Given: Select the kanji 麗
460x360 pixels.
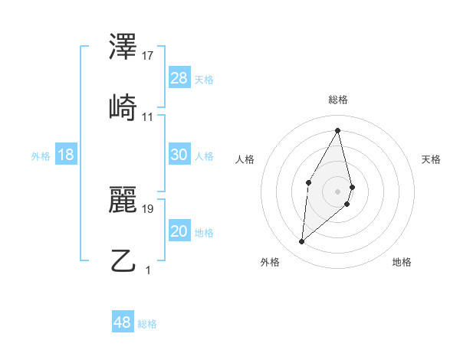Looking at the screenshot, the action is tap(123, 201).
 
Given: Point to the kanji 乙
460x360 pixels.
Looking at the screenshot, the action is tap(123, 260).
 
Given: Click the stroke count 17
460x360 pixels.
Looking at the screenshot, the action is tap(148, 56).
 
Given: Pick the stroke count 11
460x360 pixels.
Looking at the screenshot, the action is tap(148, 117).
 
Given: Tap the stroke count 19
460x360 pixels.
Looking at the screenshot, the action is tap(148, 208).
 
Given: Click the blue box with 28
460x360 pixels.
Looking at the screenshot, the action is tap(179, 78).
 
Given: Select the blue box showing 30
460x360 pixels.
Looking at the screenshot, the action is tap(179, 155).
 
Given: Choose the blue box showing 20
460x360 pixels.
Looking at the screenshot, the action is tap(179, 231).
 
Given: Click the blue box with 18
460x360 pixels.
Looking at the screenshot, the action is tap(66, 155).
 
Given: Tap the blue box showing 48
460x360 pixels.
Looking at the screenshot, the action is tap(123, 322).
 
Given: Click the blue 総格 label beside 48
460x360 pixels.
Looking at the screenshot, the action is tap(147, 324).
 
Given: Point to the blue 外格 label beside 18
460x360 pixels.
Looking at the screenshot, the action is tap(41, 156).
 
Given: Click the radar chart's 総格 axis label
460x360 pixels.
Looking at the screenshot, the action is tap(338, 100).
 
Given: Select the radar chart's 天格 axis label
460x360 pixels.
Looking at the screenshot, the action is tap(431, 159).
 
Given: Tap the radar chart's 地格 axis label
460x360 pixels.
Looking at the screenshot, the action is tap(402, 262).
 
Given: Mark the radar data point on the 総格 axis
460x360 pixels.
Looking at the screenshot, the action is tap(338, 130).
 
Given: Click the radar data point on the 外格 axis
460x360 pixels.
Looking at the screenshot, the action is tap(302, 242).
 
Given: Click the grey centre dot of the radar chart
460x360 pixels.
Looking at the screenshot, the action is tap(338, 191).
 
